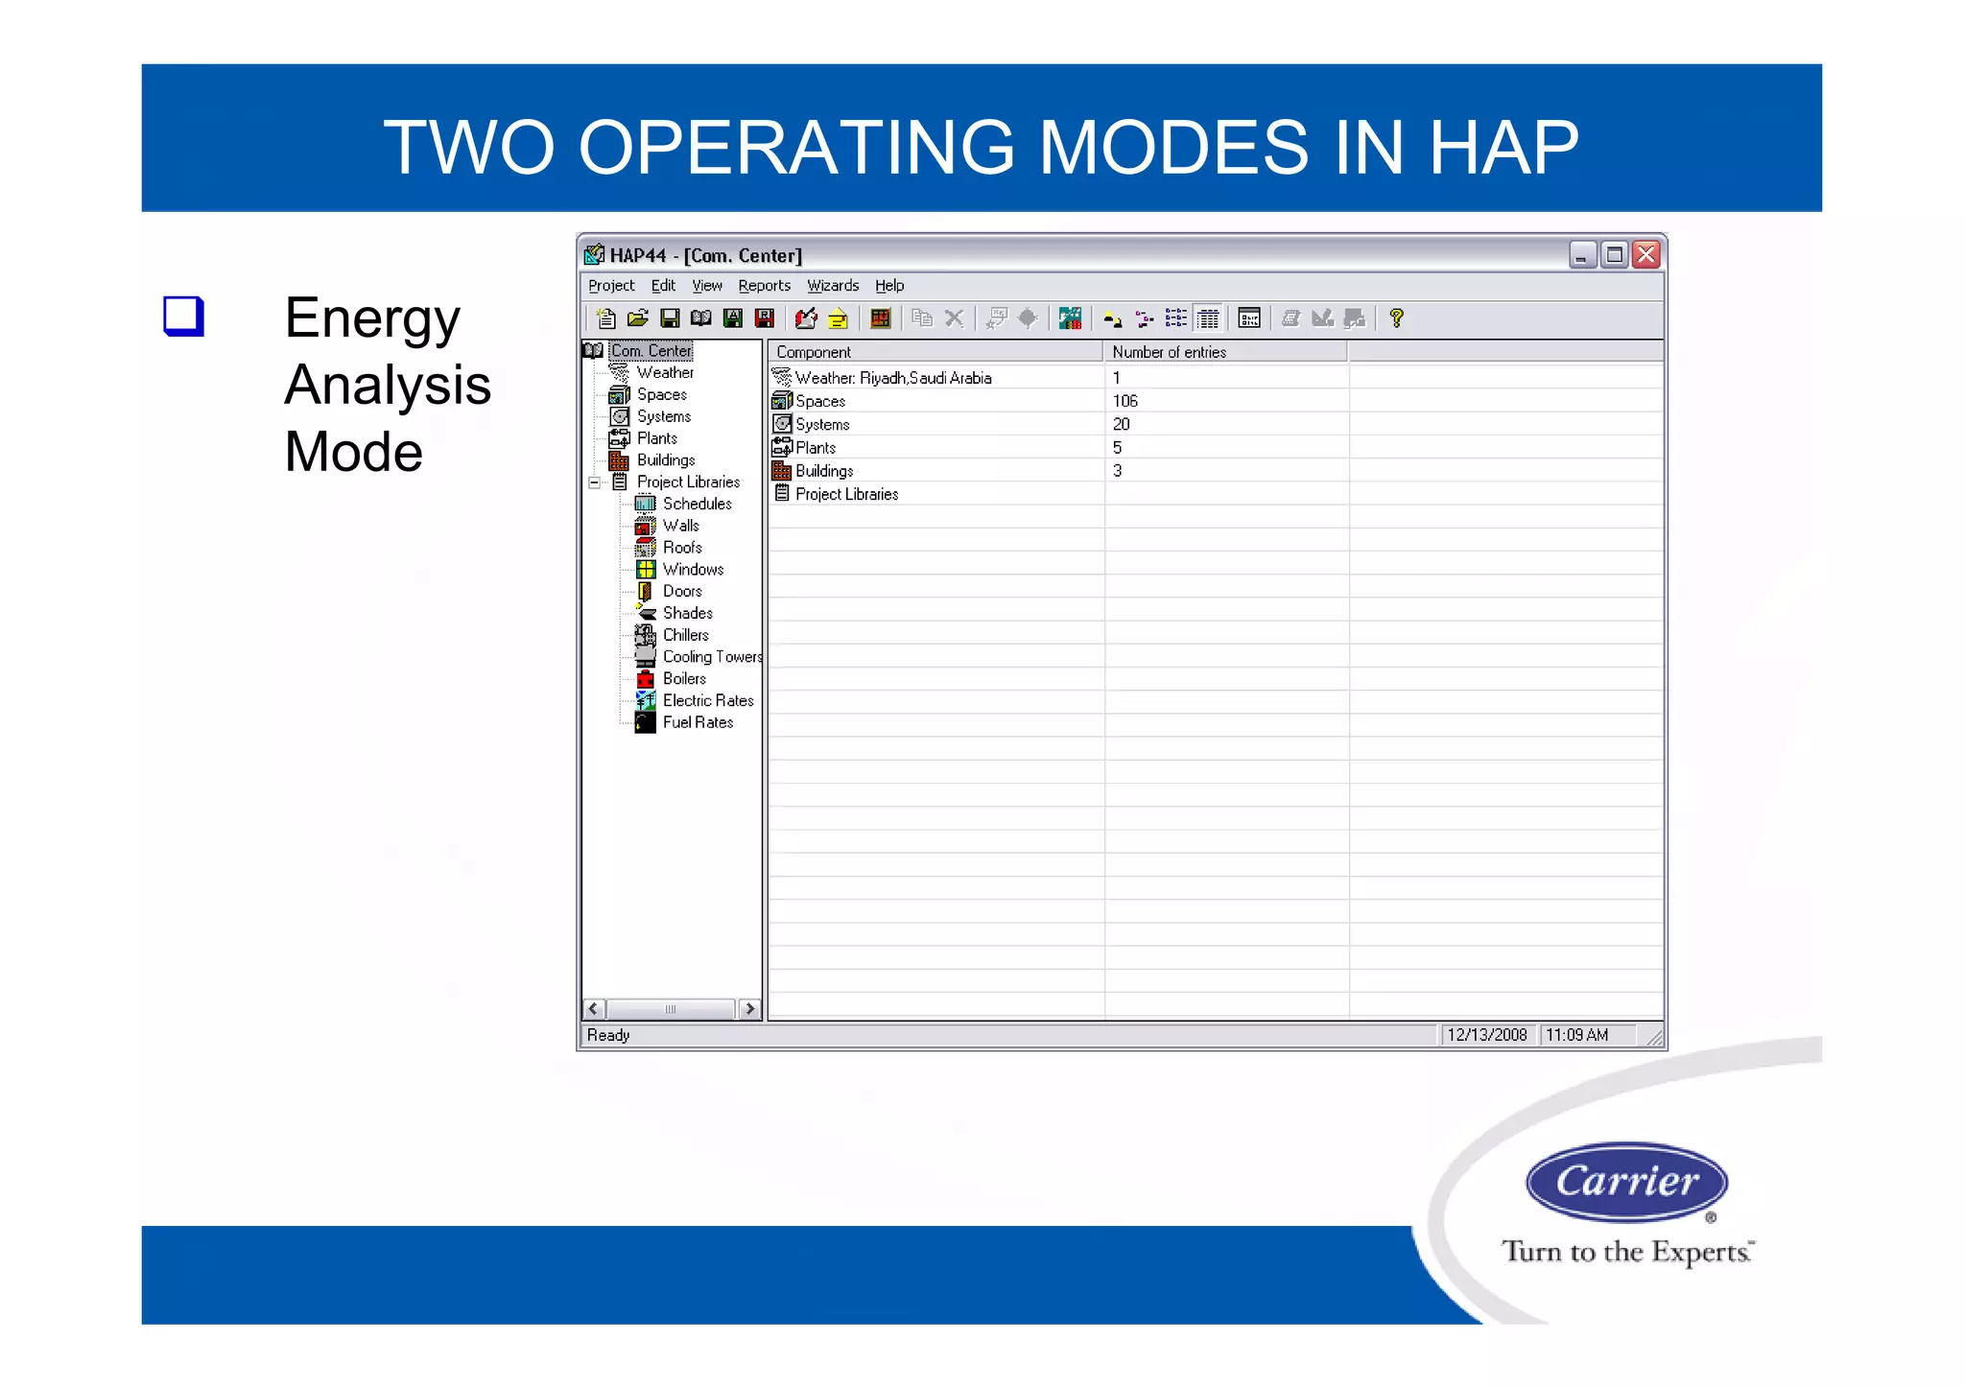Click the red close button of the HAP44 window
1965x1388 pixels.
(1646, 254)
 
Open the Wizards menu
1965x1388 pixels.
(832, 286)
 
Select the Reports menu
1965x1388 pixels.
(764, 286)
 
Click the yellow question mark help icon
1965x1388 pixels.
(1396, 318)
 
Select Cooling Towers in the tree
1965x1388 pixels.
(712, 657)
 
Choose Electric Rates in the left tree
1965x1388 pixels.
(707, 701)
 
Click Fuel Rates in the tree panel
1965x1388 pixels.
(698, 723)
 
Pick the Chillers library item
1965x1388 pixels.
(685, 635)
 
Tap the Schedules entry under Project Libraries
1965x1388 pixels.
(697, 504)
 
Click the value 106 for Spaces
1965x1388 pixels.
(1125, 401)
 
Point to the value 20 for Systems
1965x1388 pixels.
(1121, 424)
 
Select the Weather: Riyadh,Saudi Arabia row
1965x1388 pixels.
(892, 378)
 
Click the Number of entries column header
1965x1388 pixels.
(1169, 352)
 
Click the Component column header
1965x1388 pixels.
(814, 352)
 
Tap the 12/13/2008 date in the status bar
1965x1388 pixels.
(1486, 1035)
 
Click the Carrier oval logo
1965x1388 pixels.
(1626, 1181)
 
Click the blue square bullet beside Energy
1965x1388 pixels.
(183, 317)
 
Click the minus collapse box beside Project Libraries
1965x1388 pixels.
(595, 482)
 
